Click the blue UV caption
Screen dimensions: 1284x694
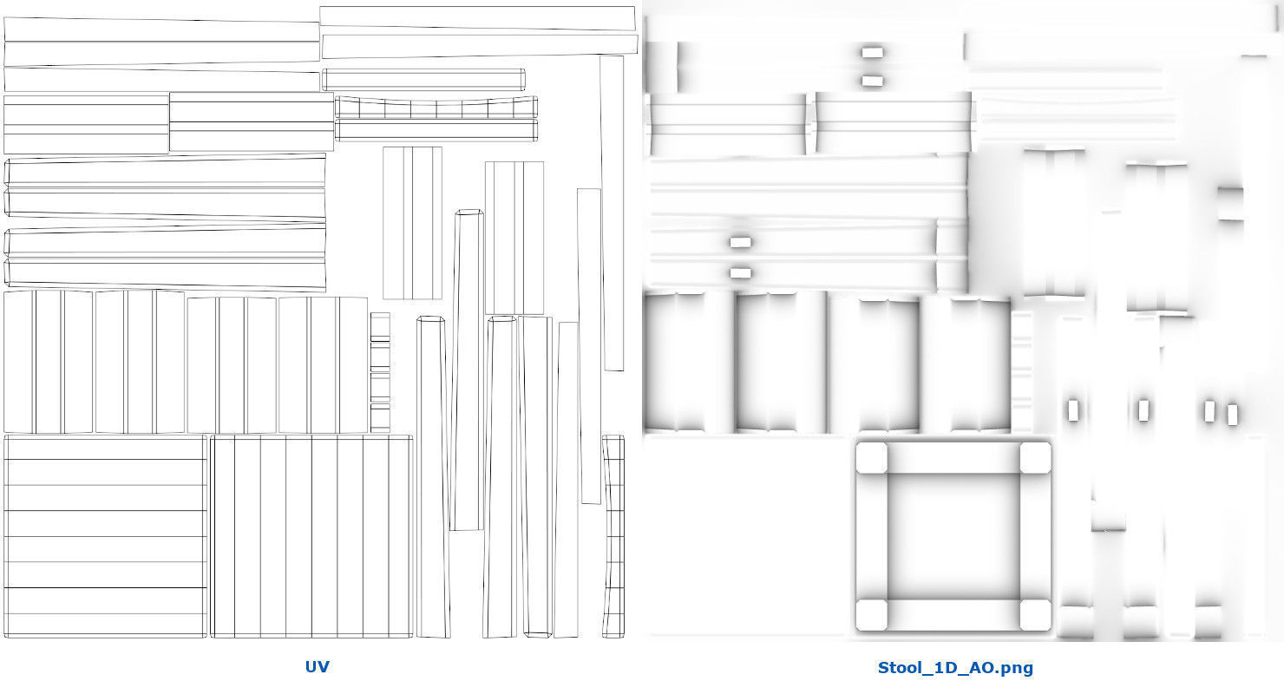point(317,666)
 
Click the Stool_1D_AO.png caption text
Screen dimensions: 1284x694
point(955,668)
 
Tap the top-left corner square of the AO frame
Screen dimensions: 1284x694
point(871,457)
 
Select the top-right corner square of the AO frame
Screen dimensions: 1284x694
point(1035,457)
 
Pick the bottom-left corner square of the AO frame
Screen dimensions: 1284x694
point(871,615)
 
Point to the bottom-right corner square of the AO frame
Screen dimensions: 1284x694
point(1035,615)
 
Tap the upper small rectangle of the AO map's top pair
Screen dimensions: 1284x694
point(873,53)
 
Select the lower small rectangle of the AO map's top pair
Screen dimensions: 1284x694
point(873,81)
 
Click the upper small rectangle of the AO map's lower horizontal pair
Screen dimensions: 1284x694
point(740,242)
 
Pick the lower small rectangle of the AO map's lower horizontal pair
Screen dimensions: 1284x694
point(740,272)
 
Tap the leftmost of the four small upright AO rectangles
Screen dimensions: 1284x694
point(1073,410)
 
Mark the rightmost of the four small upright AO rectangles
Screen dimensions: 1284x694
point(1233,415)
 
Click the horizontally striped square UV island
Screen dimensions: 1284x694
point(105,536)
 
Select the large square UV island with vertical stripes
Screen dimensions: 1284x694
point(311,536)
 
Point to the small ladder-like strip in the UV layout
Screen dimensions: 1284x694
point(380,372)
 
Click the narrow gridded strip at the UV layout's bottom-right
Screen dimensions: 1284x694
point(613,536)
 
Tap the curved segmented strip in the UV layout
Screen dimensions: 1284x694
point(436,108)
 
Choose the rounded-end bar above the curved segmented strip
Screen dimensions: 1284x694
point(423,80)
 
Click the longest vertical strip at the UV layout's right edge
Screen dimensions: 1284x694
point(613,213)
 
